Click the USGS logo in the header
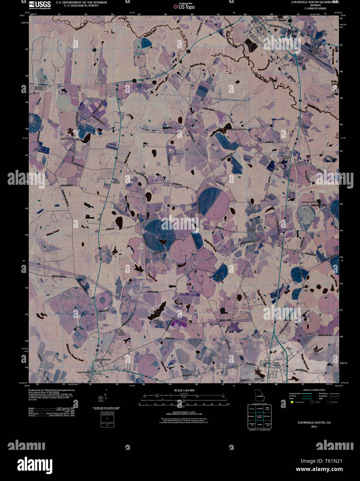coord(39,5)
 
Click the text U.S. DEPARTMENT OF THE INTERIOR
coord(76,2)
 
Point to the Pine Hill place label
coord(283,164)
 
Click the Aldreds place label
coord(298,165)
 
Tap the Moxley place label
coord(295,250)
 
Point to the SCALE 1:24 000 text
coord(184,390)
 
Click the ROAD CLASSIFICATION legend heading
coord(314,390)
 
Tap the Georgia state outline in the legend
coord(259,394)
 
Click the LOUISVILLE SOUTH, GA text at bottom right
coord(314,423)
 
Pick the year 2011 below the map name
coord(314,427)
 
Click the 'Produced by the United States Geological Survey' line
coord(52,390)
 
